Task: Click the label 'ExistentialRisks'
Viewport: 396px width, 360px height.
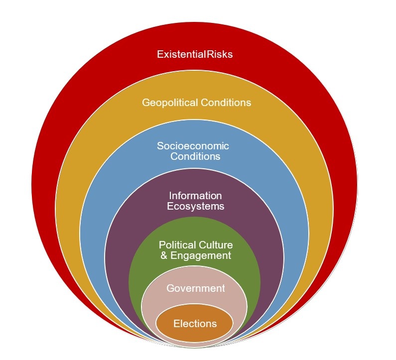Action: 195,54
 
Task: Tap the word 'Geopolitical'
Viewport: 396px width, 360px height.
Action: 169,103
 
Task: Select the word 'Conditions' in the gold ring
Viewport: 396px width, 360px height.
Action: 225,103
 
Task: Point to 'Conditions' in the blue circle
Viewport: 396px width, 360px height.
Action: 195,156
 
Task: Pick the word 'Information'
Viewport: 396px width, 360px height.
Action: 195,196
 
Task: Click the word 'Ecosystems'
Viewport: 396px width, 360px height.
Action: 195,206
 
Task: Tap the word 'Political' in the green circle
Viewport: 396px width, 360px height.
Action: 177,245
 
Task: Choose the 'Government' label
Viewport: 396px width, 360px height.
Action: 195,288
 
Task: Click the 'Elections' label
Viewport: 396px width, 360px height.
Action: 195,324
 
